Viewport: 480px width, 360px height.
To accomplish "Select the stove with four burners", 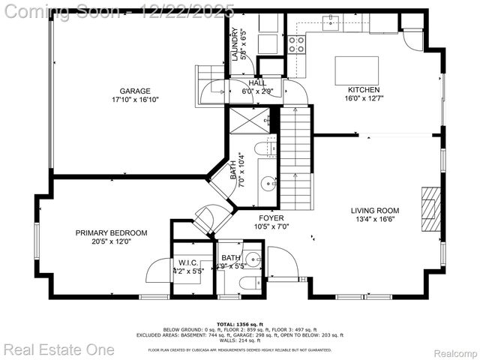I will [297, 44].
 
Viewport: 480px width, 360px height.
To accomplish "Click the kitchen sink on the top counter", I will [331, 23].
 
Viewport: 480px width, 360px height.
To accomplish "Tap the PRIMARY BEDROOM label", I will [111, 233].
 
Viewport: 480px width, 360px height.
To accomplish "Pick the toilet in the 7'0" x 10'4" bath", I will [264, 148].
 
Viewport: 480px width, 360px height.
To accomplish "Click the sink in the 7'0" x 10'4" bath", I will [267, 182].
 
